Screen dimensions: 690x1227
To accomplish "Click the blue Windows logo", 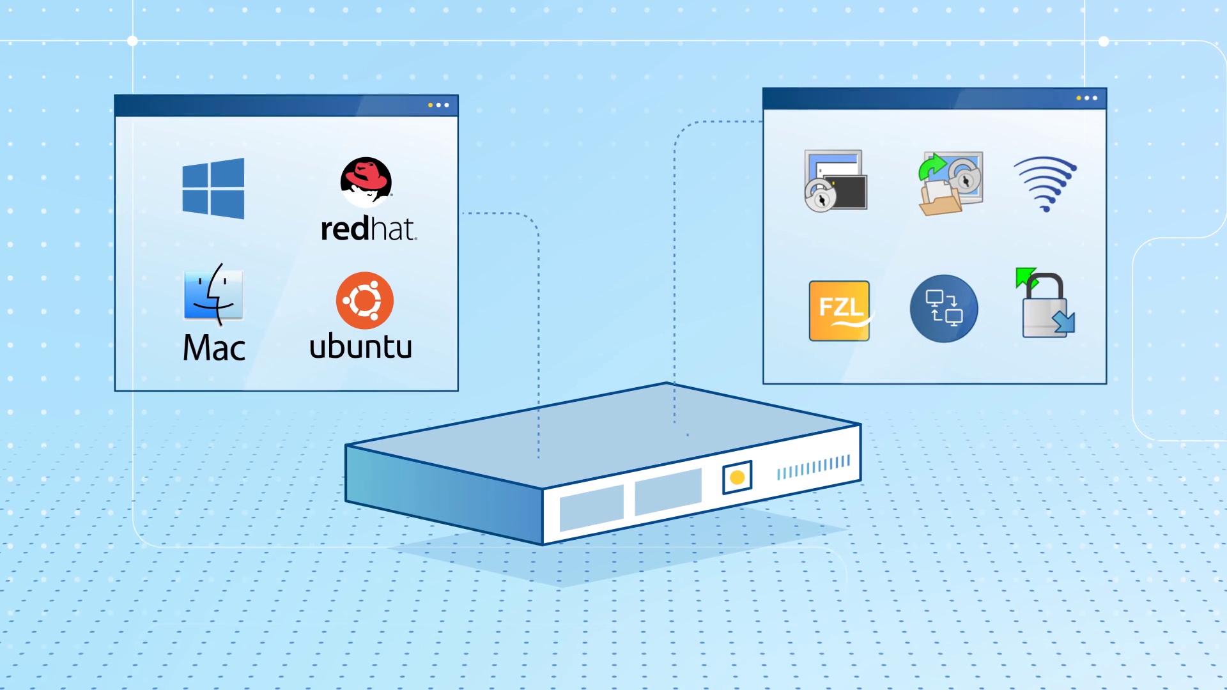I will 213,188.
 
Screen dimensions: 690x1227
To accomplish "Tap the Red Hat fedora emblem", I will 366,181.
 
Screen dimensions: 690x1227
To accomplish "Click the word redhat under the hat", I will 368,229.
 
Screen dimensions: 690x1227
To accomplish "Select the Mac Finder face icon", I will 213,295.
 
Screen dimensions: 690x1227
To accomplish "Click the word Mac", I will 214,348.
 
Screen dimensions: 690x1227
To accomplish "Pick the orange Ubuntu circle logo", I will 365,300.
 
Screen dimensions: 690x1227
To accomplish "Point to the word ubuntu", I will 360,346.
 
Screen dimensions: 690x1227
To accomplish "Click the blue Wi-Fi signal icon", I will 1046,183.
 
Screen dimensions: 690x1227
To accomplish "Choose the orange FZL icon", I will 839,310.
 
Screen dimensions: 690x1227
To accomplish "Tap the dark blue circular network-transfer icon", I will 943,309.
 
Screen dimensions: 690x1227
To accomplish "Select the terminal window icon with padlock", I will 835,181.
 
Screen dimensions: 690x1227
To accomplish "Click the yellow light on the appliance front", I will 737,477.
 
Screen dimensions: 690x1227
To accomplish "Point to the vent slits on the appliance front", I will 814,468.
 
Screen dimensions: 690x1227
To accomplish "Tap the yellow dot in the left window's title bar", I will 430,105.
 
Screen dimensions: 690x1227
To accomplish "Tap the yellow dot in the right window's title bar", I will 1079,98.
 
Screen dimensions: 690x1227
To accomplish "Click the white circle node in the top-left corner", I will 132,41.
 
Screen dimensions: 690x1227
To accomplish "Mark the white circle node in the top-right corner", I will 1104,42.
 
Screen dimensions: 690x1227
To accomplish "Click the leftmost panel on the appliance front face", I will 591,508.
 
